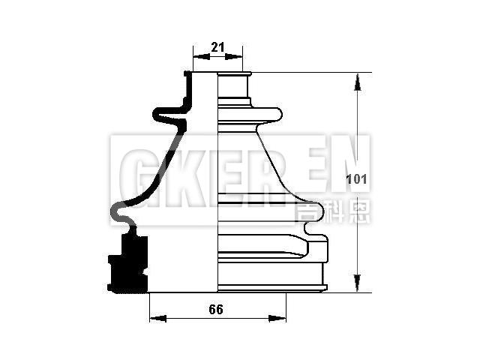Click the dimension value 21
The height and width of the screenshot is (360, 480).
click(217, 46)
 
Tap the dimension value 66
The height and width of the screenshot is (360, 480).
click(216, 309)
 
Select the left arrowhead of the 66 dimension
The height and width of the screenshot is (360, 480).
click(154, 319)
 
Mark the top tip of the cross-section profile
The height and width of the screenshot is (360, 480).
click(187, 73)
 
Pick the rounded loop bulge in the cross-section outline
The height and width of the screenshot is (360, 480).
click(119, 213)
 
